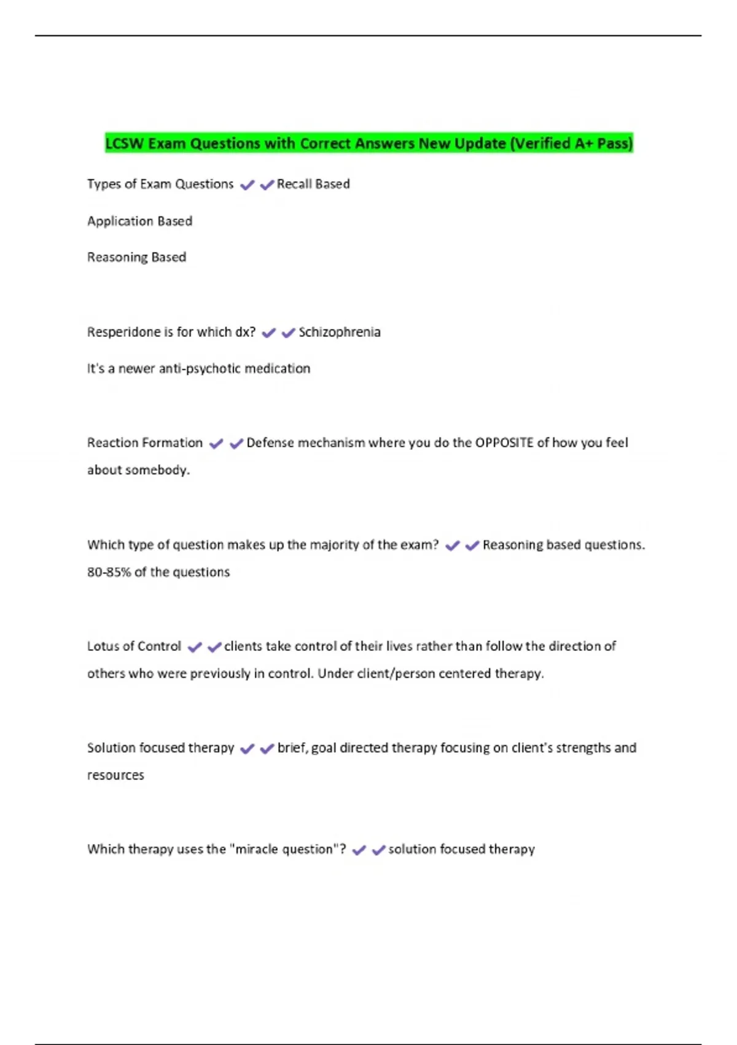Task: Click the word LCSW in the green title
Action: [125, 144]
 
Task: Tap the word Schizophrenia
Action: [340, 333]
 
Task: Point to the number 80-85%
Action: [109, 572]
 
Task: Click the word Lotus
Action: [103, 646]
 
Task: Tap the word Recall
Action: [294, 184]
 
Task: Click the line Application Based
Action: [139, 221]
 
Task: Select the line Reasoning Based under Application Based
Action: [136, 258]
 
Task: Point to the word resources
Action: [115, 775]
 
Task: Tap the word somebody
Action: [163, 470]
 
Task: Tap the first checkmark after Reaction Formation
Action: [216, 444]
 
